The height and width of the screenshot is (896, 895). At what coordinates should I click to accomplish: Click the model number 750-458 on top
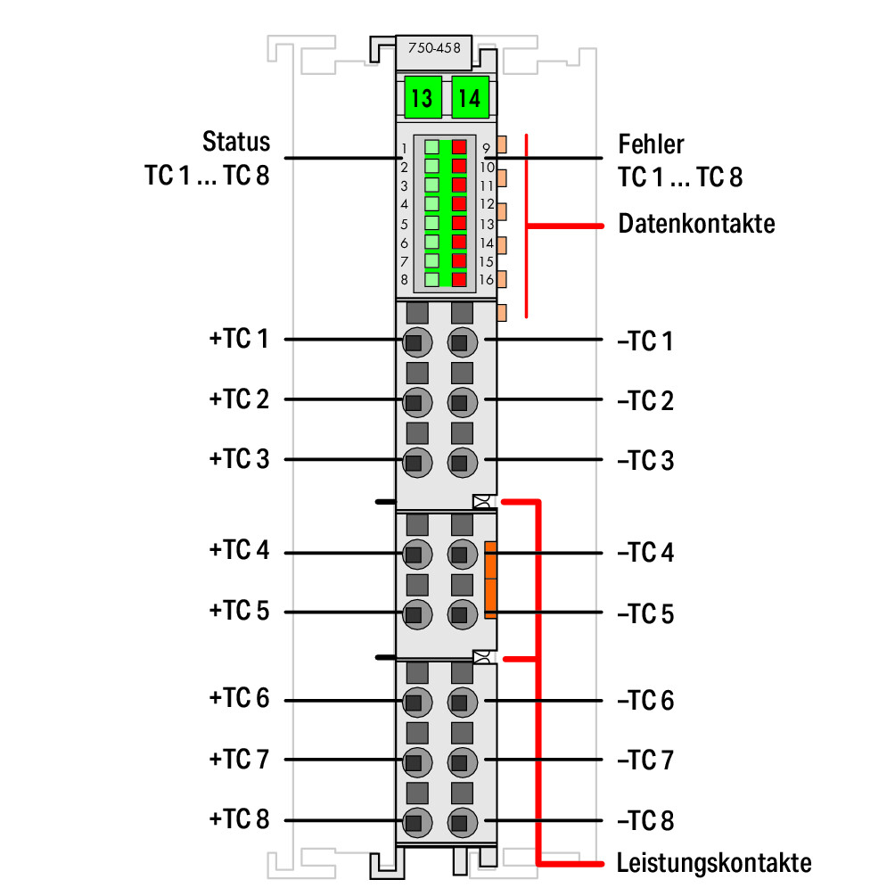(x=434, y=48)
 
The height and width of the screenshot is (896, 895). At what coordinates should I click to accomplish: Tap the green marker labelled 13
(x=423, y=97)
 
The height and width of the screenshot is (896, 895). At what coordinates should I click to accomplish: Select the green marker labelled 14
(x=470, y=97)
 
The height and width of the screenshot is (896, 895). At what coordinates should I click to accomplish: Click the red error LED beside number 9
(x=459, y=147)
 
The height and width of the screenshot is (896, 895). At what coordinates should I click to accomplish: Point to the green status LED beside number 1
(x=432, y=147)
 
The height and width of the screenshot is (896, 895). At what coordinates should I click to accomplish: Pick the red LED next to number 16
(x=459, y=279)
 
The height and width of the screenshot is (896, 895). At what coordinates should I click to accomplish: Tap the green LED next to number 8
(x=432, y=279)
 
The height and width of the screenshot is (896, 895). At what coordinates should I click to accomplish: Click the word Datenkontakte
(x=697, y=224)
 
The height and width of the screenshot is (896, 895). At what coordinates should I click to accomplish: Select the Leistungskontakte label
(x=714, y=863)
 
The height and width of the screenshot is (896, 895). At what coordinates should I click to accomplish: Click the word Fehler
(x=651, y=144)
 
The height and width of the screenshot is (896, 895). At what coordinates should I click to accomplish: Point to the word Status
(x=236, y=142)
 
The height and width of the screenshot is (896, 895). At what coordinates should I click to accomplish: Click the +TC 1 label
(x=239, y=338)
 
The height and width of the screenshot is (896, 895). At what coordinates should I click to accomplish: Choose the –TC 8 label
(x=645, y=820)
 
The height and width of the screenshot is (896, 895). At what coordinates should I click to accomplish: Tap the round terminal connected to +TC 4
(x=417, y=554)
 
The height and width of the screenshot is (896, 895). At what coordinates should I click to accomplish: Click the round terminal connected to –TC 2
(x=463, y=402)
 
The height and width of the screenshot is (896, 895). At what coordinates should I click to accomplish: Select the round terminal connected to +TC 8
(x=417, y=822)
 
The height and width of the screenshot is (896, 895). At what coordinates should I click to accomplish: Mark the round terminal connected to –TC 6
(x=463, y=702)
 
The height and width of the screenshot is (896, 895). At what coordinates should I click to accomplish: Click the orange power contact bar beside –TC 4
(x=490, y=580)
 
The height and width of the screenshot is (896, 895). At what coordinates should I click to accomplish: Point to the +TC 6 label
(x=239, y=698)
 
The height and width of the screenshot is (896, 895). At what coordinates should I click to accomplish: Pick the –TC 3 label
(x=645, y=461)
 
